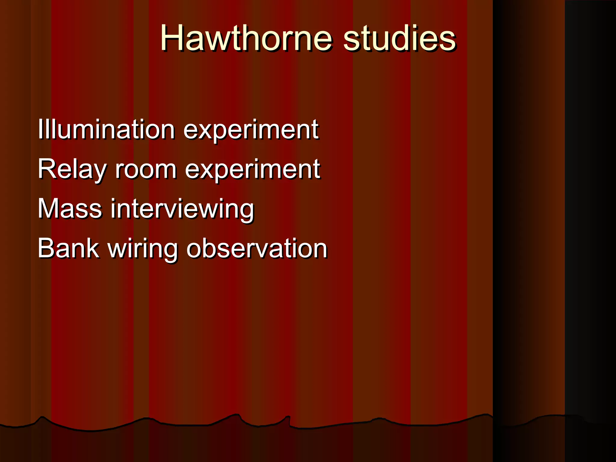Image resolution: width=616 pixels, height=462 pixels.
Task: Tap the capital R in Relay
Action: click(x=47, y=169)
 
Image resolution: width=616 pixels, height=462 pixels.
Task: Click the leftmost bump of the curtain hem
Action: click(x=42, y=417)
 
